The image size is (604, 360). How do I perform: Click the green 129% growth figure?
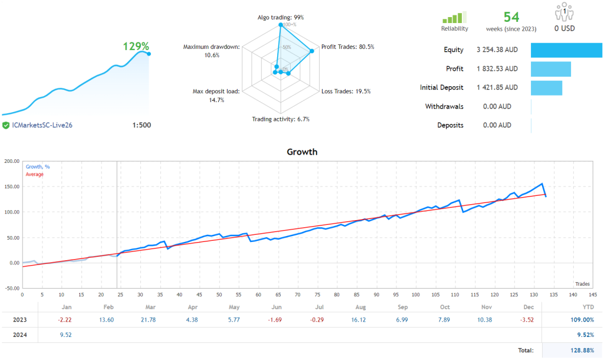(x=136, y=46)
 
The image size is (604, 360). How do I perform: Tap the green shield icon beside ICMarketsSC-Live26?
(x=5, y=125)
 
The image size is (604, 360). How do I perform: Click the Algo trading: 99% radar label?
(x=280, y=18)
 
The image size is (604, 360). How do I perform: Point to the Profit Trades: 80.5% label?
(x=347, y=47)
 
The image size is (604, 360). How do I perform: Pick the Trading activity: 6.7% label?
(x=281, y=119)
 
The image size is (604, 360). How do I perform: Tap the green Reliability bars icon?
(x=454, y=17)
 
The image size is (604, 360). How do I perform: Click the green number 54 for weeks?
(x=511, y=17)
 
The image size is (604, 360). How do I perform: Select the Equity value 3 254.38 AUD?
(x=497, y=50)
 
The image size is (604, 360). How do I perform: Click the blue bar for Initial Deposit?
(x=546, y=88)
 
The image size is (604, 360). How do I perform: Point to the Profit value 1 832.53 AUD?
(x=497, y=69)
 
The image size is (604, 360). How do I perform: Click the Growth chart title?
(x=302, y=152)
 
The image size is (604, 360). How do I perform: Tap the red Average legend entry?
(x=34, y=175)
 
